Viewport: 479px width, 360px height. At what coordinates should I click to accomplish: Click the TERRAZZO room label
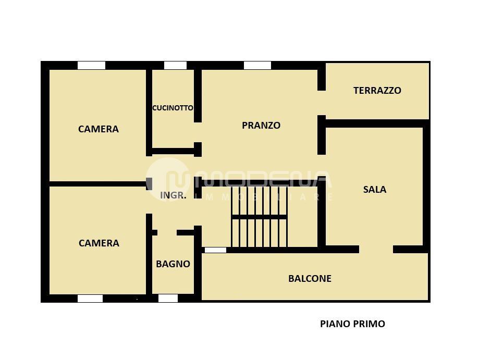(x=377, y=90)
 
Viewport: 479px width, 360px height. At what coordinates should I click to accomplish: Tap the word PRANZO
(x=261, y=125)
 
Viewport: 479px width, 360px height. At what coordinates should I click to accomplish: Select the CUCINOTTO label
(x=173, y=108)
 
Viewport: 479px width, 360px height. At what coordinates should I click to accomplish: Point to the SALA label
(x=375, y=189)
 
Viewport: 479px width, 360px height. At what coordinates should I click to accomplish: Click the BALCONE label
(x=310, y=279)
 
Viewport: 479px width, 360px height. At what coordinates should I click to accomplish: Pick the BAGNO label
(x=173, y=264)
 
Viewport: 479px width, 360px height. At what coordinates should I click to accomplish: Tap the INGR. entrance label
(x=173, y=195)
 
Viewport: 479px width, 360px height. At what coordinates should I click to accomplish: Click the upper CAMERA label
(x=99, y=129)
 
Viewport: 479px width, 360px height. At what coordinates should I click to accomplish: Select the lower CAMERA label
(x=99, y=243)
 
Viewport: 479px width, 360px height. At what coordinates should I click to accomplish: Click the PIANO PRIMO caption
(x=352, y=324)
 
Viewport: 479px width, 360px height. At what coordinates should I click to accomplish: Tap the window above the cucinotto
(x=175, y=65)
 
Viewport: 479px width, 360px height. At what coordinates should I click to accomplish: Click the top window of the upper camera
(x=91, y=65)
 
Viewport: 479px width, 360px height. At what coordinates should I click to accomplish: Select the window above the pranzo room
(x=257, y=65)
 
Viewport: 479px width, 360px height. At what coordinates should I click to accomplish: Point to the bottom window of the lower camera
(x=90, y=299)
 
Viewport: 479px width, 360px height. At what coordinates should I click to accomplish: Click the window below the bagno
(x=168, y=299)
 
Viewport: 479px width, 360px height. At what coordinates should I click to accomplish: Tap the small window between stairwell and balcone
(x=215, y=250)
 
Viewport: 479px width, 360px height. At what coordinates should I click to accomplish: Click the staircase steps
(x=259, y=216)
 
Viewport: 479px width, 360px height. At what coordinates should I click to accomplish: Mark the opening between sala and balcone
(x=376, y=249)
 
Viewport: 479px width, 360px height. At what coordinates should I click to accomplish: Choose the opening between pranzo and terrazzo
(x=322, y=103)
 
